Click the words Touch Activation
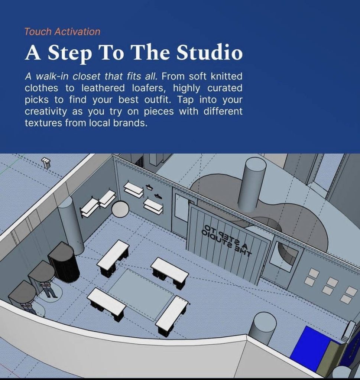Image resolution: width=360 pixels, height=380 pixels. coord(62,32)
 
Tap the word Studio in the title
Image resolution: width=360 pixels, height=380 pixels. coord(209,52)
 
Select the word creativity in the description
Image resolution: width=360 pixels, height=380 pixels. coord(46,112)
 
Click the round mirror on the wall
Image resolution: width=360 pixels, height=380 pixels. coord(120,209)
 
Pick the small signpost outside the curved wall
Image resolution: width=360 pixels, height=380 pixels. coord(46,163)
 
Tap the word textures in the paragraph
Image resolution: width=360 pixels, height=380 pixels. coord(43,123)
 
